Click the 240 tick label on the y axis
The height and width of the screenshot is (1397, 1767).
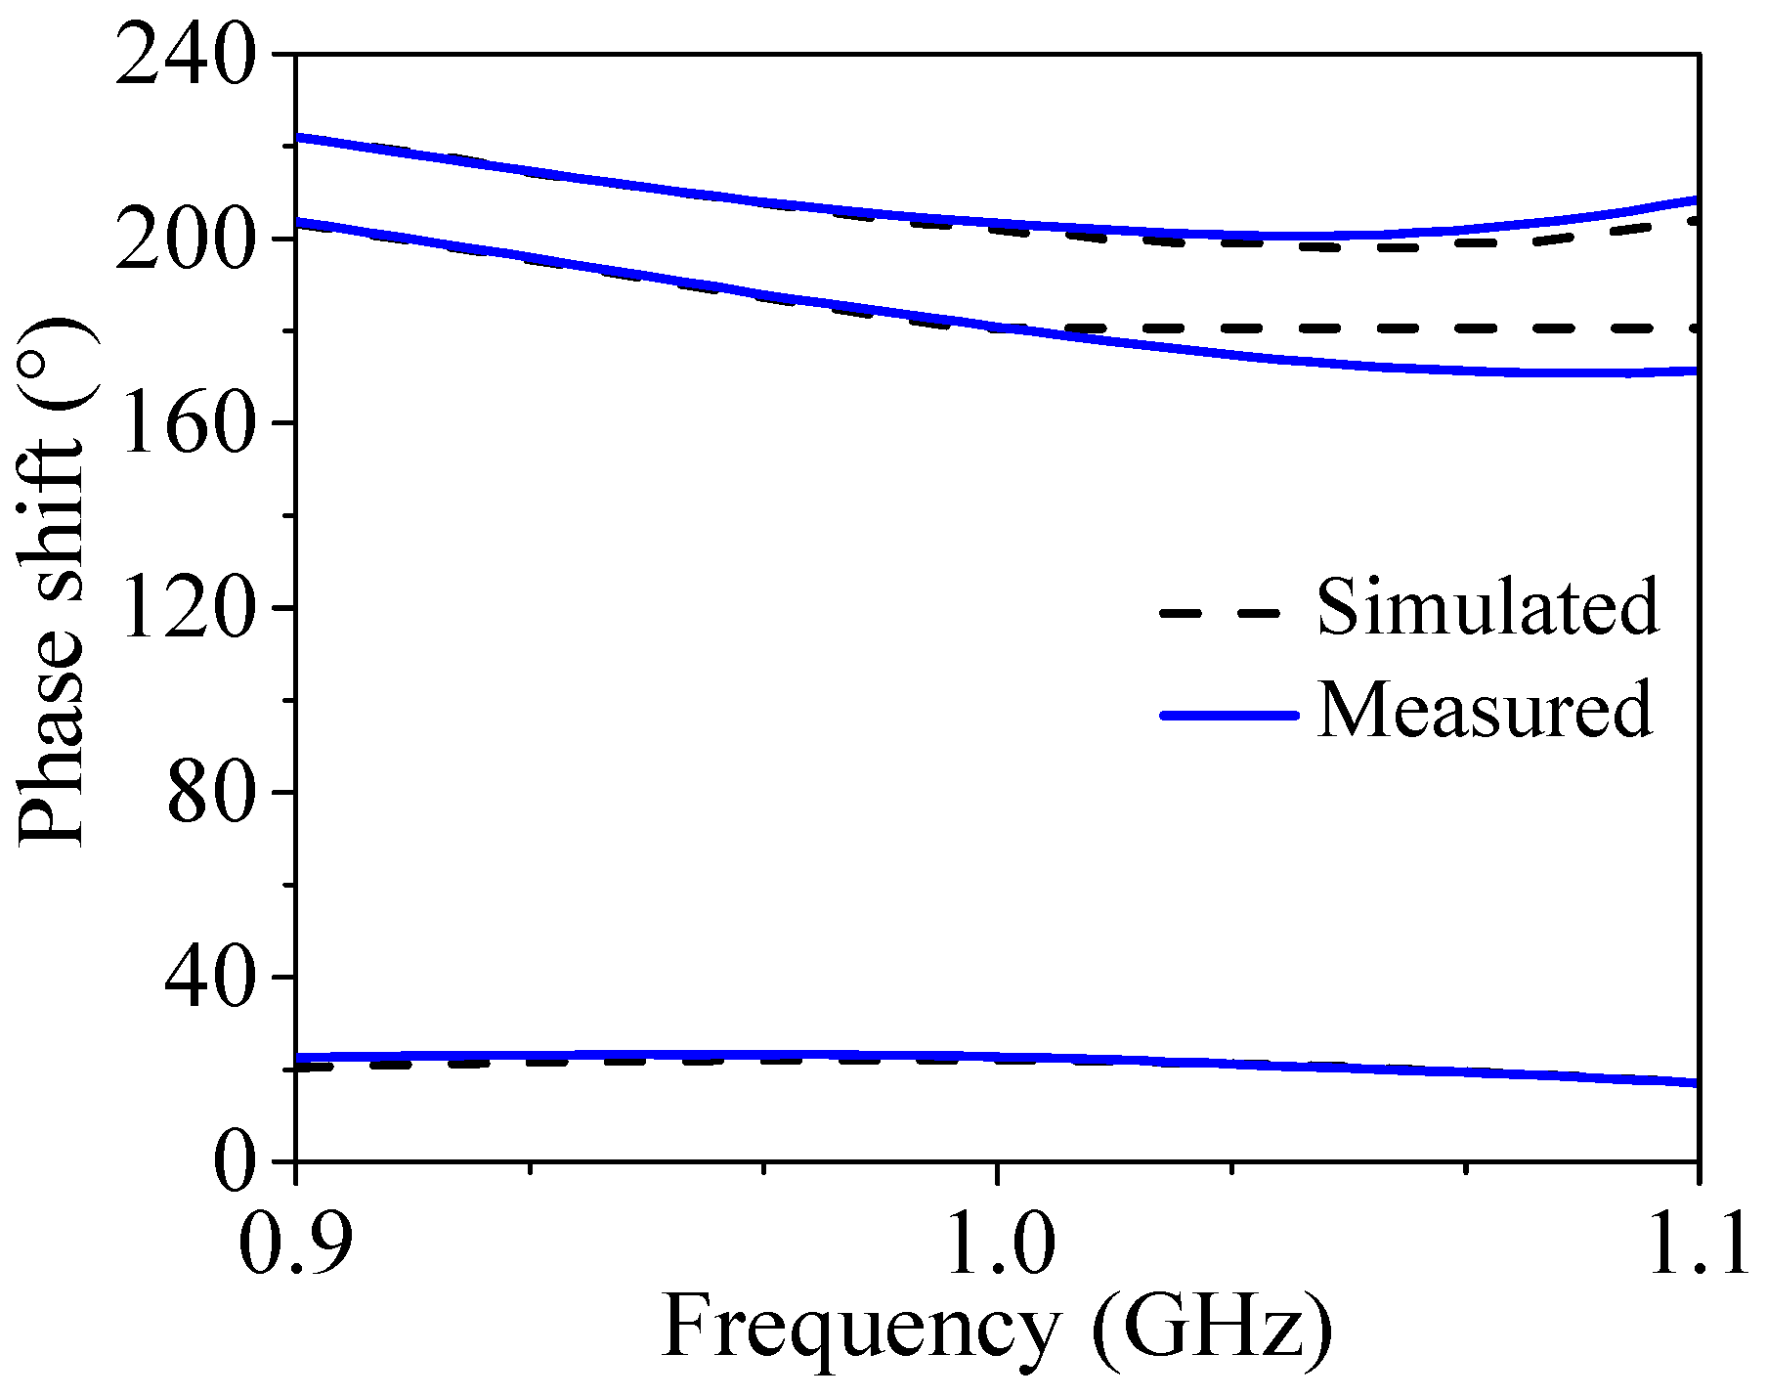point(187,57)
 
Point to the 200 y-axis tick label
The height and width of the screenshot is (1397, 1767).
point(187,240)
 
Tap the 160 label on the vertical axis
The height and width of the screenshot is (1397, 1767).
point(187,424)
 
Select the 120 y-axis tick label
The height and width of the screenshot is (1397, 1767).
point(187,609)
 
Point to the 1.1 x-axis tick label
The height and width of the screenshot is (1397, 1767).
point(1697,1246)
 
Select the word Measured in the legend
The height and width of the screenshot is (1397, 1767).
point(1485,711)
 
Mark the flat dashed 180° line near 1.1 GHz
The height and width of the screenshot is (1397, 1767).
point(1613,328)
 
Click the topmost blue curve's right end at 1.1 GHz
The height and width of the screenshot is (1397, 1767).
point(1695,200)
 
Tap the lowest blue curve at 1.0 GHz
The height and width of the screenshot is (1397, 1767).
point(997,1057)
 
